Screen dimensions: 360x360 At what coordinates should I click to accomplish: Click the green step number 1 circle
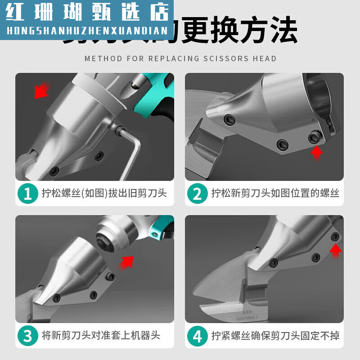pos(28,193)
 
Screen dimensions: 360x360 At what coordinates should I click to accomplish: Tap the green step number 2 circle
pos(198,193)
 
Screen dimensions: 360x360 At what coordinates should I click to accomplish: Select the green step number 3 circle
pos(28,336)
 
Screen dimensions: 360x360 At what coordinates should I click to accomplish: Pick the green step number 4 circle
pos(198,336)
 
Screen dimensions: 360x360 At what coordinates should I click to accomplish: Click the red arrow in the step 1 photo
pos(41,90)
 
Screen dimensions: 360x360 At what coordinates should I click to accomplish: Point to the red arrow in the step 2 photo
pos(317,152)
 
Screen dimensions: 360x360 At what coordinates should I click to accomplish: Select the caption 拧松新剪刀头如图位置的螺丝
pos(275,193)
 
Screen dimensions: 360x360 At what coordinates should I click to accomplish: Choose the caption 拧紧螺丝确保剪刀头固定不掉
pos(275,336)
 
